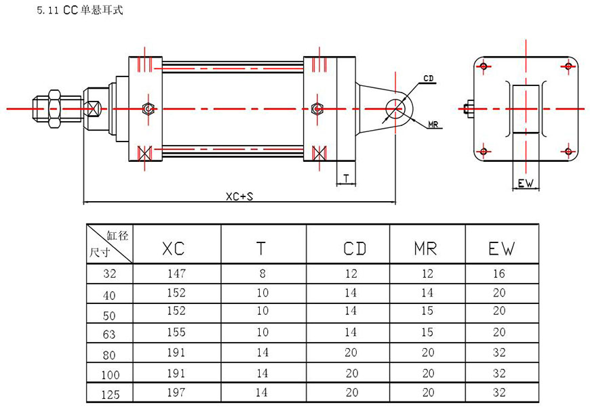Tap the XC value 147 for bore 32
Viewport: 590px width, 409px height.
point(176,274)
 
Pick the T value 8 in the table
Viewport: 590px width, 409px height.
point(263,274)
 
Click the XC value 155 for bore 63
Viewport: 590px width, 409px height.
point(176,332)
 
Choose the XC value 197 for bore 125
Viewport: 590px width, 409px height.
point(176,392)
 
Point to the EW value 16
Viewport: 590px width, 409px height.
point(500,274)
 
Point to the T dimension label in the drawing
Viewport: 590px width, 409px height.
point(346,179)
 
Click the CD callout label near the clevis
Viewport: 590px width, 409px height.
point(428,79)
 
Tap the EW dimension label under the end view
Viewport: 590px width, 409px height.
point(526,184)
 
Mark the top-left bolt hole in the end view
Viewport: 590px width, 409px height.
point(483,66)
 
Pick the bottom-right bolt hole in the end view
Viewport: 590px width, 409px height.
point(568,151)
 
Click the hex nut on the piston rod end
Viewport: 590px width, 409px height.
point(54,108)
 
